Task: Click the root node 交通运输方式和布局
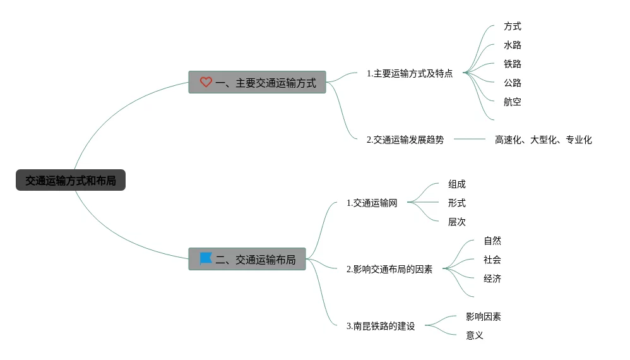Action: [71, 181]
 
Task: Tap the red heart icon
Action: [206, 82]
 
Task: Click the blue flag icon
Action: [206, 259]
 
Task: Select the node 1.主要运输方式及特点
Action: [410, 73]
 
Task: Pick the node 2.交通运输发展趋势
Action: [405, 140]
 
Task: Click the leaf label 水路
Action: [513, 45]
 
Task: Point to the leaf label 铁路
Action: [513, 64]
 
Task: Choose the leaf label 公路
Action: [513, 83]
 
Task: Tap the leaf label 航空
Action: [513, 102]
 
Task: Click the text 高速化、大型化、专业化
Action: [544, 140]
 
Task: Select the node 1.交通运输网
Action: [372, 203]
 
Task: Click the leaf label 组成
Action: [457, 184]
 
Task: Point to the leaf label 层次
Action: [457, 222]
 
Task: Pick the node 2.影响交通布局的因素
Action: [389, 269]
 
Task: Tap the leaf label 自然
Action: [492, 241]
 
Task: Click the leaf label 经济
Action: [492, 279]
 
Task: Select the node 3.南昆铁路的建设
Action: [381, 327]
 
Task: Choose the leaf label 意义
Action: [475, 335]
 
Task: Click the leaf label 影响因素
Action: [484, 316]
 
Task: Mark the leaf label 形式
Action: [457, 203]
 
